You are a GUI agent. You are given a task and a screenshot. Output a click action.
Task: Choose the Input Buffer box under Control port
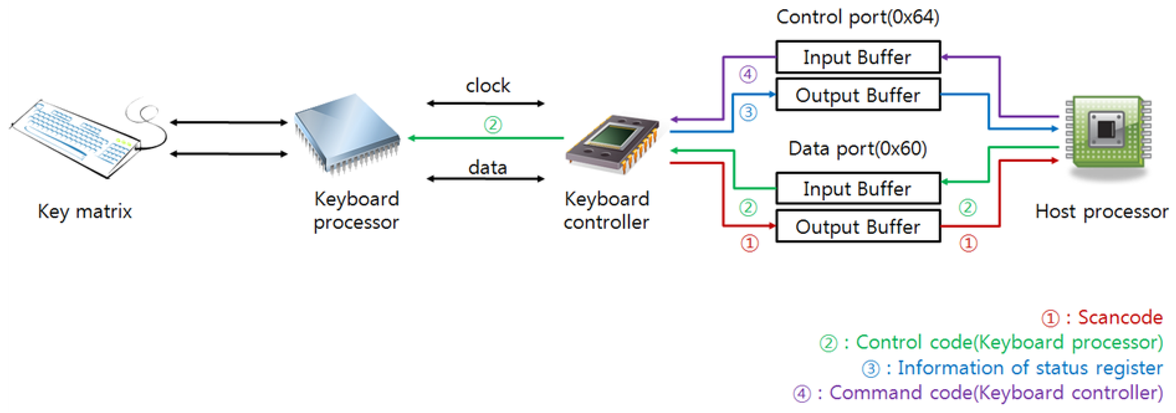coord(857,57)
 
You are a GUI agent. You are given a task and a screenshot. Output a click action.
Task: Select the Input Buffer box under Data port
coord(857,188)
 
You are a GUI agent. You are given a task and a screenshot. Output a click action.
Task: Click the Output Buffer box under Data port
coord(857,226)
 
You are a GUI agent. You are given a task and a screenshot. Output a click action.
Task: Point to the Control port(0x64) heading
coord(857,17)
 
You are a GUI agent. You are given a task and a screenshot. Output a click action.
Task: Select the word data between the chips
coord(488,168)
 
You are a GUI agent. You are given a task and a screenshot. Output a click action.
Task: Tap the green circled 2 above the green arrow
coord(493,124)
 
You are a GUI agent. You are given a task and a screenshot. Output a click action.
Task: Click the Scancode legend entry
coord(1102,318)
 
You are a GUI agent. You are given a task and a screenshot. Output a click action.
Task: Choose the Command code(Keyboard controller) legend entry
coord(977,393)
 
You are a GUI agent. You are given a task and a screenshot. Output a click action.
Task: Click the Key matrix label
coord(85,212)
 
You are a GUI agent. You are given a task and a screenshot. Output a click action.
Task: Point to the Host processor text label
coord(1101,212)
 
